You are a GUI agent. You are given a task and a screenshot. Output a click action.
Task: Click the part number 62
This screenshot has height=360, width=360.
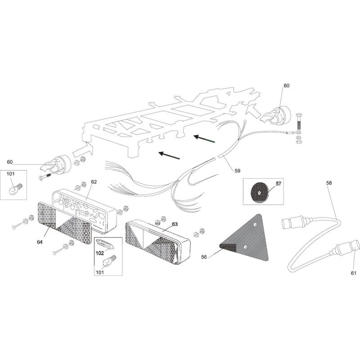[94, 182]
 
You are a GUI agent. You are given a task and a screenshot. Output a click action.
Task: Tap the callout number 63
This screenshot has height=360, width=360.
[162, 224]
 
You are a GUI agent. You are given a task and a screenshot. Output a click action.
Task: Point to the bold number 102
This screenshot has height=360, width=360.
[100, 253]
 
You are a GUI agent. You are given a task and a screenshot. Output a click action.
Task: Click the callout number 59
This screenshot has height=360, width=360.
[237, 171]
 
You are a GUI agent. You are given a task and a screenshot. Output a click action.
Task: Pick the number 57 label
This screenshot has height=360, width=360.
[278, 184]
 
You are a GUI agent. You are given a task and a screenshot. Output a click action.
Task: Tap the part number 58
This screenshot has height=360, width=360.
[328, 183]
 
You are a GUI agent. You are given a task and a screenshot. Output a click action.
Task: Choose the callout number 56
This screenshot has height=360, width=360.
[204, 257]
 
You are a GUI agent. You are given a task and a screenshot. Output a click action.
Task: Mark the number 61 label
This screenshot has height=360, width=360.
[353, 273]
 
